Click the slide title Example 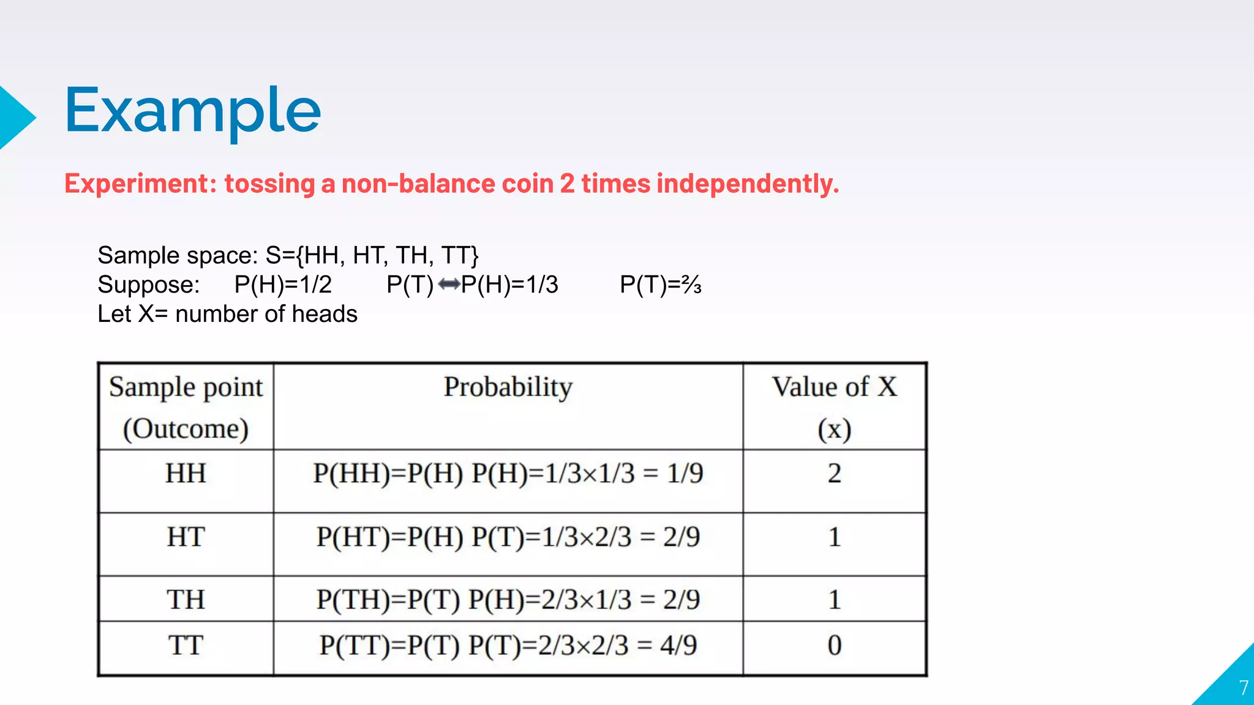pos(192,111)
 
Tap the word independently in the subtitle pos(747,184)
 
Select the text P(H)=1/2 pos(283,285)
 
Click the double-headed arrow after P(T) pos(449,285)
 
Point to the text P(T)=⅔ pos(660,285)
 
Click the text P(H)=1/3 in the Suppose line pos(509,285)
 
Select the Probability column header pos(508,387)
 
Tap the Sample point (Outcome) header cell pos(186,407)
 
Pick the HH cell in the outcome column pos(186,474)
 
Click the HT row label pos(186,537)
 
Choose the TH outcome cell pos(186,600)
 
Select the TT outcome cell pos(186,646)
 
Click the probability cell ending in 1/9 pos(508,474)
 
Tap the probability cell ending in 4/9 pos(508,646)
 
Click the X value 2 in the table pos(834,474)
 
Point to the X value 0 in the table pos(834,646)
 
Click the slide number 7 pos(1243,688)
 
